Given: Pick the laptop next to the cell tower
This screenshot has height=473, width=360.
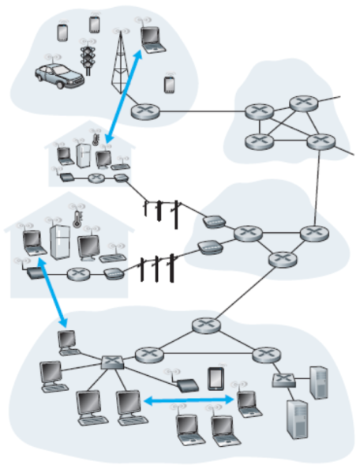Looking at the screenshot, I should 152,38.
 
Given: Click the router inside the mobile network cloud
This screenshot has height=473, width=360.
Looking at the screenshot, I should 145,111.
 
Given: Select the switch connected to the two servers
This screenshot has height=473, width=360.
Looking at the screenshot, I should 282,380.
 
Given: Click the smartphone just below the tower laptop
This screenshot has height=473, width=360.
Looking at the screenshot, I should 169,84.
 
